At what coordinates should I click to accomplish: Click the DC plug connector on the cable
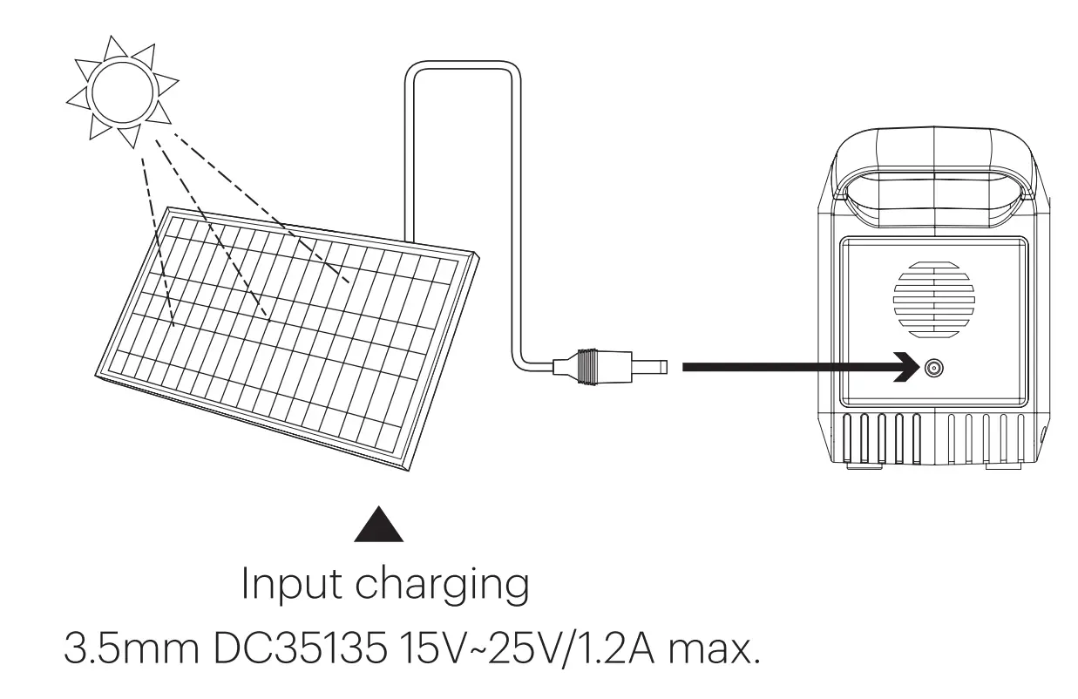tap(601, 365)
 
